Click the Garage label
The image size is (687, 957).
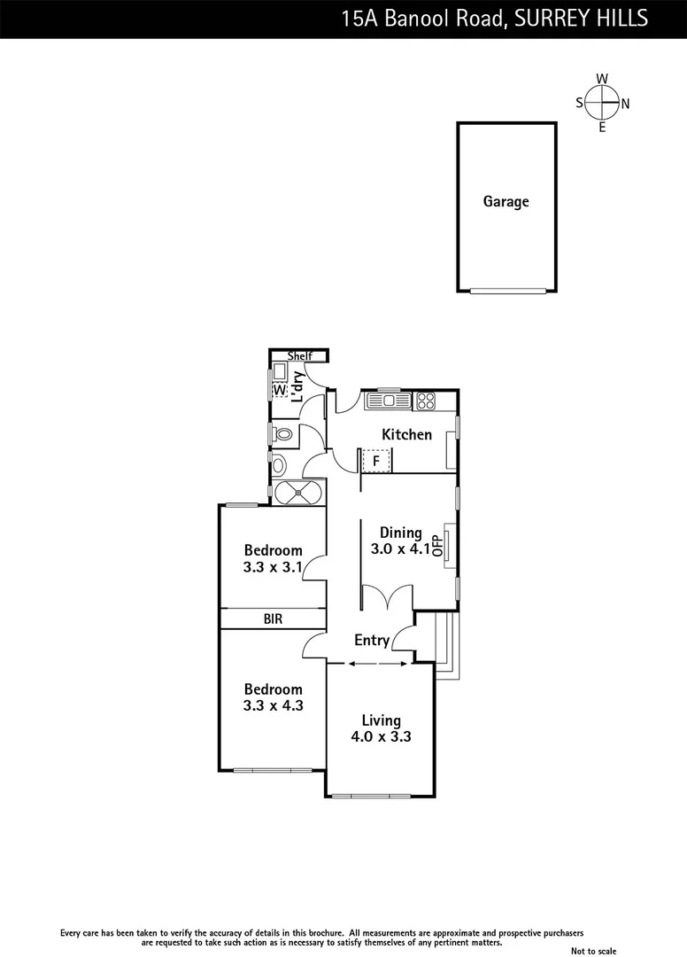[506, 202]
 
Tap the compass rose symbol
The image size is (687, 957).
[602, 103]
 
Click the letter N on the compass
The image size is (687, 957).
[625, 104]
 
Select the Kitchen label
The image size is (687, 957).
[406, 434]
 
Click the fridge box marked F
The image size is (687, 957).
[375, 461]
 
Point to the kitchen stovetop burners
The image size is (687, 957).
[425, 401]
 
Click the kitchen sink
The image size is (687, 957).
[389, 401]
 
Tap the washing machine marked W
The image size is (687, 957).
[280, 390]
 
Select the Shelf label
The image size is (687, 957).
[300, 356]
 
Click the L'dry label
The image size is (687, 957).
[298, 387]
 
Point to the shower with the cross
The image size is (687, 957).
[298, 493]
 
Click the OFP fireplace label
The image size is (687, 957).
[436, 544]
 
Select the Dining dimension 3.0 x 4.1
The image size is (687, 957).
[400, 549]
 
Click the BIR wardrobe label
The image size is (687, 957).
[273, 619]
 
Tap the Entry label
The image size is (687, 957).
[372, 640]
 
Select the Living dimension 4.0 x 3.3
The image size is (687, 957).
[381, 735]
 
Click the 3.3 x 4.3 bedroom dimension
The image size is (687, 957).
[273, 705]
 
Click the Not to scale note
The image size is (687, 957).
[593, 951]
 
